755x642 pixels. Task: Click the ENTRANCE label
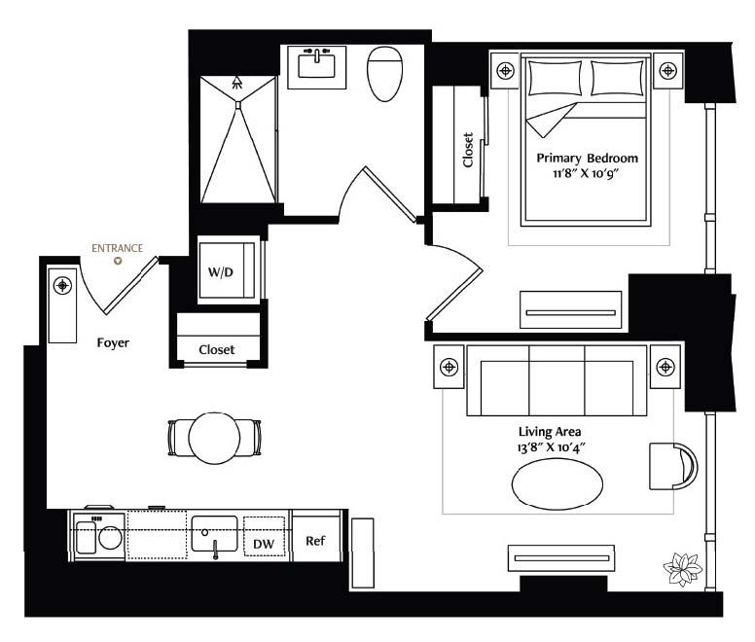pyautogui.click(x=118, y=248)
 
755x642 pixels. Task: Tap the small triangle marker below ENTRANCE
pyautogui.click(x=118, y=262)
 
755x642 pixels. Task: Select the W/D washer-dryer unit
pyautogui.click(x=227, y=270)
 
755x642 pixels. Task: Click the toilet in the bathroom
pyautogui.click(x=384, y=74)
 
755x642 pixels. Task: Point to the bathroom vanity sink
pyautogui.click(x=316, y=66)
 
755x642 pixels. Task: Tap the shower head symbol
pyautogui.click(x=236, y=83)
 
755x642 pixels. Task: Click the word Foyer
pyautogui.click(x=113, y=343)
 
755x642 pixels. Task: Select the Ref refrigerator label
pyautogui.click(x=315, y=541)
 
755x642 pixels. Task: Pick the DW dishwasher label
pyautogui.click(x=264, y=544)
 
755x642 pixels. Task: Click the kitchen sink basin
pyautogui.click(x=214, y=534)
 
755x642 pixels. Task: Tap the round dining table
pyautogui.click(x=214, y=438)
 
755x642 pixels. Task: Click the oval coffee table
pyautogui.click(x=557, y=484)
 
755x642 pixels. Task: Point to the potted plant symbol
pyautogui.click(x=682, y=569)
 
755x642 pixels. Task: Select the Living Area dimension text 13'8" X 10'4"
pyautogui.click(x=551, y=447)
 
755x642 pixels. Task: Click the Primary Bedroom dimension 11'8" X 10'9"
pyautogui.click(x=585, y=173)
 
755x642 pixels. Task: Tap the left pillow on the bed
pyautogui.click(x=555, y=78)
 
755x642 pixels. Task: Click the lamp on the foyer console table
pyautogui.click(x=62, y=286)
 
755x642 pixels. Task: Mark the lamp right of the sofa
pyautogui.click(x=665, y=367)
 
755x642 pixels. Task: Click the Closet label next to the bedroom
pyautogui.click(x=468, y=150)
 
